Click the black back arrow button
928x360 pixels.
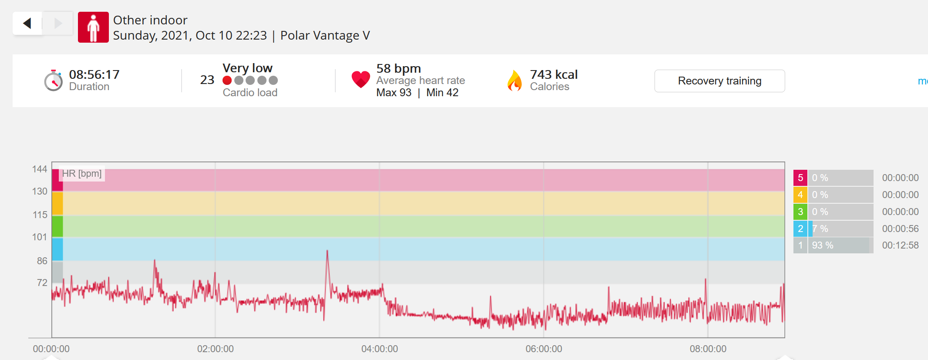pyautogui.click(x=27, y=23)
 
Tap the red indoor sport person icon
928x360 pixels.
pyautogui.click(x=93, y=27)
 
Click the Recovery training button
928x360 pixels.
pyautogui.click(x=719, y=81)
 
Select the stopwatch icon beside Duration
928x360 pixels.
pyautogui.click(x=54, y=81)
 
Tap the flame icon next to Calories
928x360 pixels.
pyautogui.click(x=515, y=81)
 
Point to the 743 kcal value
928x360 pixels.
pyautogui.click(x=554, y=74)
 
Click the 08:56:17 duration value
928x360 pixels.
pyautogui.click(x=94, y=74)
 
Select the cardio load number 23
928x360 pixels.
pyautogui.click(x=207, y=80)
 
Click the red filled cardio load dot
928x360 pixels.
pyautogui.click(x=227, y=81)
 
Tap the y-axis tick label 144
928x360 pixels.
pyautogui.click(x=40, y=169)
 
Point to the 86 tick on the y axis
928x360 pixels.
pyautogui.click(x=42, y=261)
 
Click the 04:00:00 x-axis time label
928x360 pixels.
pyautogui.click(x=380, y=349)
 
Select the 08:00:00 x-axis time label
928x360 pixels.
pyautogui.click(x=708, y=349)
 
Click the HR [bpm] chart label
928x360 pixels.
pyautogui.click(x=82, y=174)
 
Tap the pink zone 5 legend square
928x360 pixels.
pyautogui.click(x=800, y=178)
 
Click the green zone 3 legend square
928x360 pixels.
pyautogui.click(x=800, y=212)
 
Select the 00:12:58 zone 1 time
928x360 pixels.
pyautogui.click(x=901, y=245)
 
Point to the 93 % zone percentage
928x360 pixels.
pyautogui.click(x=823, y=245)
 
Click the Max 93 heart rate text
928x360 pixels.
pyautogui.click(x=394, y=93)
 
